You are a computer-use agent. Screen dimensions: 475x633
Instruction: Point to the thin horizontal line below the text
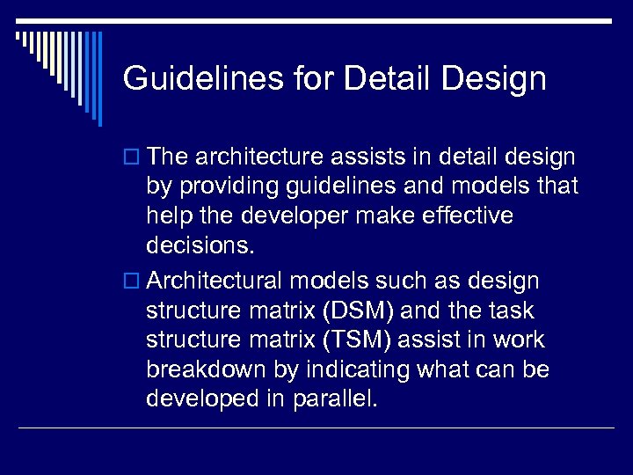pos(316,428)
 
